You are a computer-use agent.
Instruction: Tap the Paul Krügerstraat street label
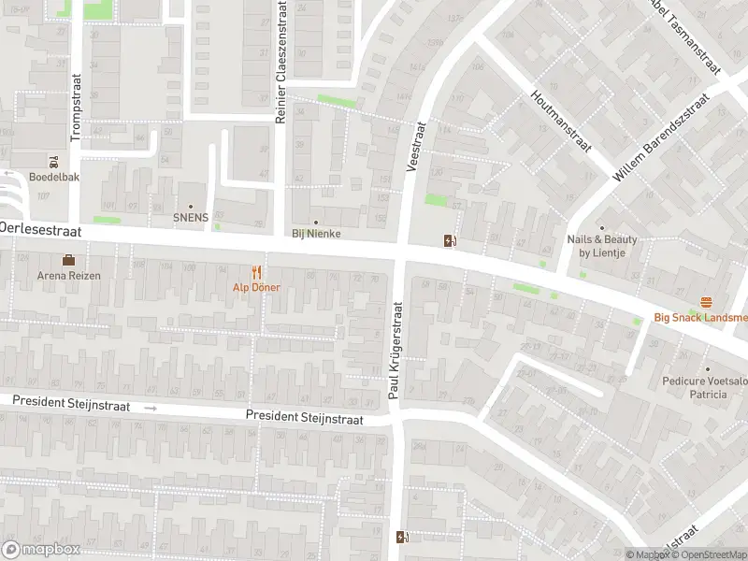pos(395,352)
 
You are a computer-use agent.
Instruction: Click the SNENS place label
pos(191,217)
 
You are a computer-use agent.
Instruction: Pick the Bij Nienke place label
pos(316,234)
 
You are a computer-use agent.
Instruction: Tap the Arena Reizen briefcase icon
pos(68,260)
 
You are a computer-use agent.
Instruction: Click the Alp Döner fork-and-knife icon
pos(255,271)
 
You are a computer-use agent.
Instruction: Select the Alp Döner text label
pos(255,287)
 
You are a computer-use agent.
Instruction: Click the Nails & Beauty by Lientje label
pos(602,246)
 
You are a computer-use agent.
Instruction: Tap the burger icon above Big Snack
pos(706,302)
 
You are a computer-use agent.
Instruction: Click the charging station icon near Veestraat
pos(452,240)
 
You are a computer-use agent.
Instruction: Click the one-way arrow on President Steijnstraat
pos(150,409)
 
